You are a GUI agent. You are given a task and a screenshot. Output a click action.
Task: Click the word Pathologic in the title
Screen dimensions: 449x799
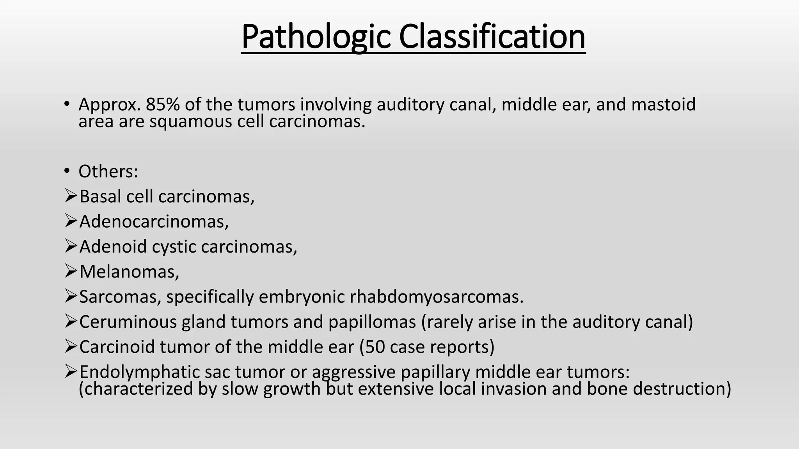pos(315,37)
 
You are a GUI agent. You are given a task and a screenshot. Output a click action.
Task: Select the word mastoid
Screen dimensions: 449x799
pos(663,104)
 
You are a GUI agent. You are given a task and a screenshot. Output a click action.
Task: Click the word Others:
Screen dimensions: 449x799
pos(108,171)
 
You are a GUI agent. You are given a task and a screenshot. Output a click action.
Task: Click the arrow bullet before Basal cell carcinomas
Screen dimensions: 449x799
pos(70,196)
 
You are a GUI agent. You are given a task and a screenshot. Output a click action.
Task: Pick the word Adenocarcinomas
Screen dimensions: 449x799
pos(154,222)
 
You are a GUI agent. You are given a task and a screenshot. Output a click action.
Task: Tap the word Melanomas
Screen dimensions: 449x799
pos(129,272)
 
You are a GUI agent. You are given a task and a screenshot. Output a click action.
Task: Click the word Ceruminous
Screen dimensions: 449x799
pos(128,322)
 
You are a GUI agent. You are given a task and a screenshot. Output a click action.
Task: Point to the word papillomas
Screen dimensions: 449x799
pos(372,322)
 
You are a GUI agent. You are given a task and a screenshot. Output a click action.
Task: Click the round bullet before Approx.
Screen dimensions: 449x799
pos(67,104)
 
